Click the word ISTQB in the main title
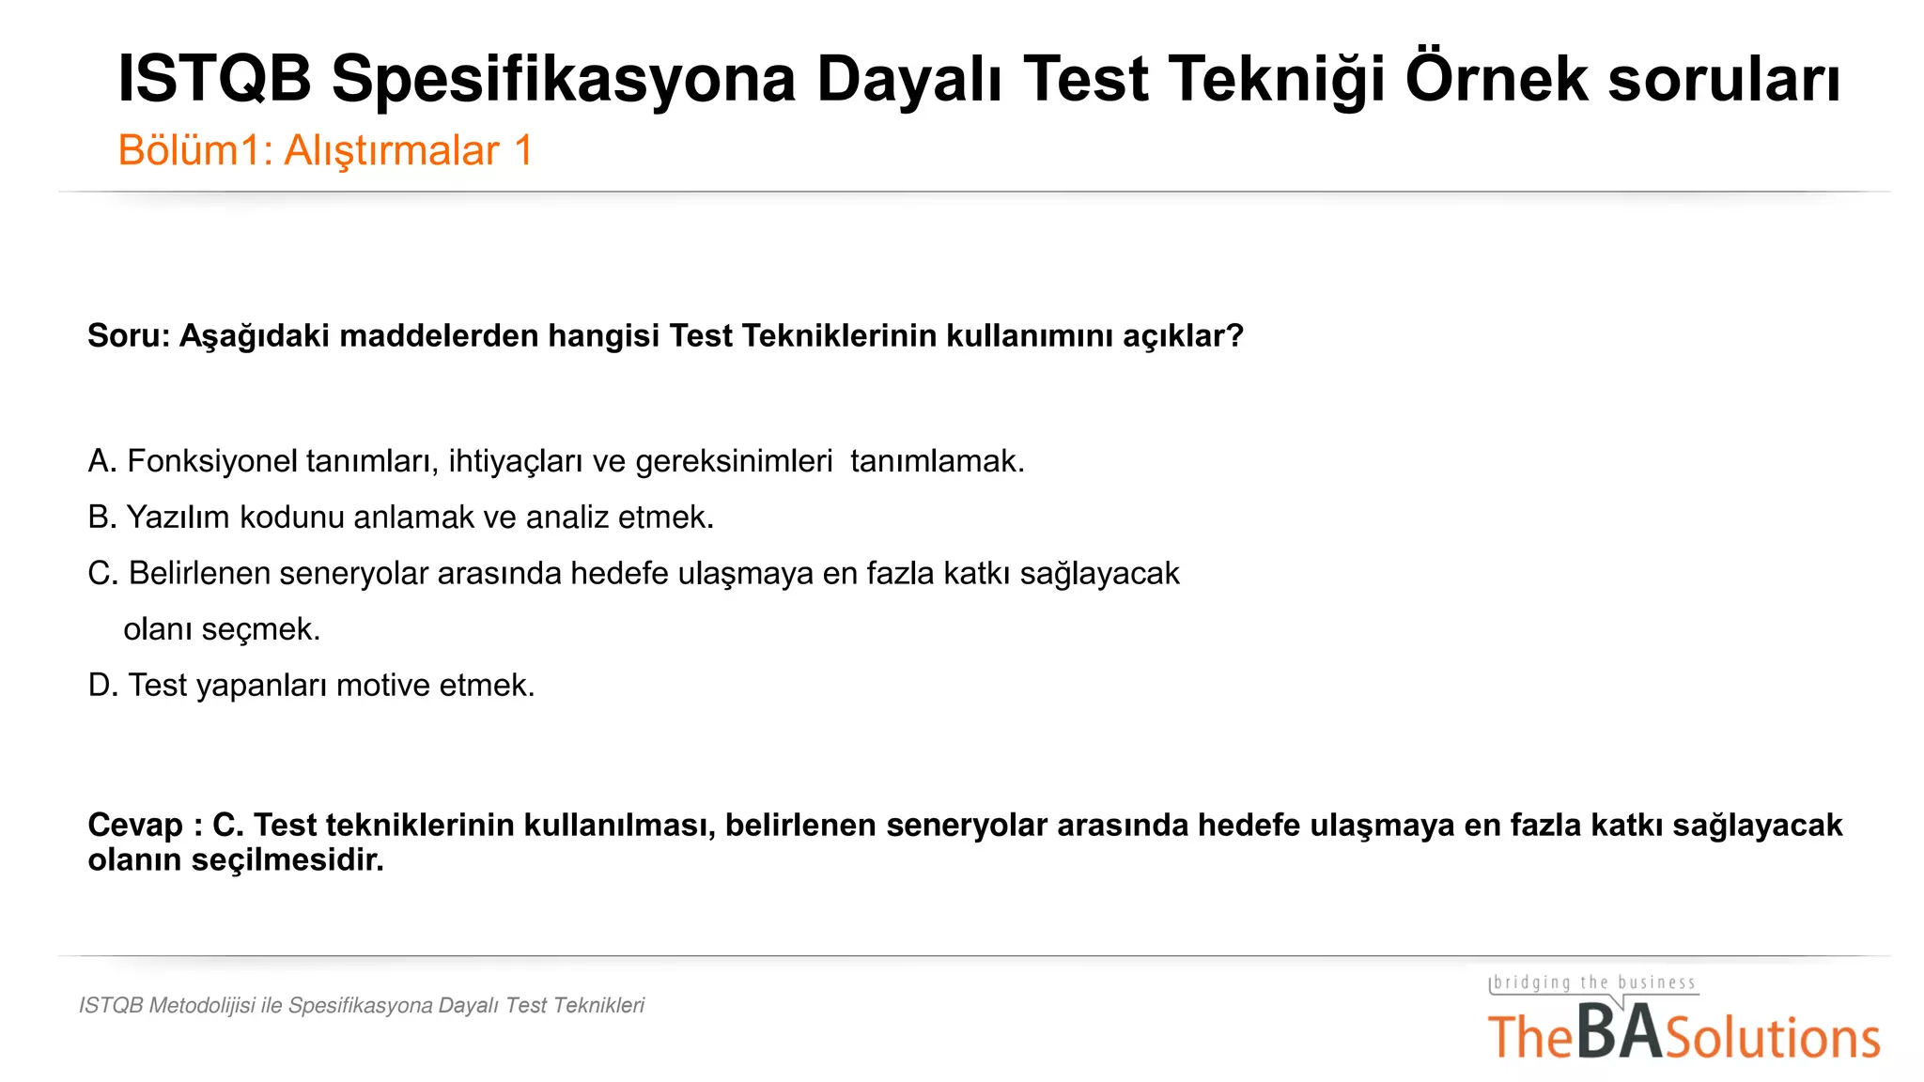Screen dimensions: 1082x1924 (214, 79)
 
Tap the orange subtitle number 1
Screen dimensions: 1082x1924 (523, 151)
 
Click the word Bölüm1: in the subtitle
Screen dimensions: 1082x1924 (195, 151)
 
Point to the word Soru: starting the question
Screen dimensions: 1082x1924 (129, 336)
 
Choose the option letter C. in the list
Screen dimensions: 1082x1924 (102, 574)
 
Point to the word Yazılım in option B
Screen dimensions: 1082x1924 (178, 518)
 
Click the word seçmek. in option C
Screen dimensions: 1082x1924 (274, 629)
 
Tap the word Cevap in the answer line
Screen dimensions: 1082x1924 (135, 826)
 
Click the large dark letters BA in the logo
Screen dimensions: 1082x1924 (1620, 1032)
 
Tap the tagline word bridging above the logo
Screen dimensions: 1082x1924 (1532, 983)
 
